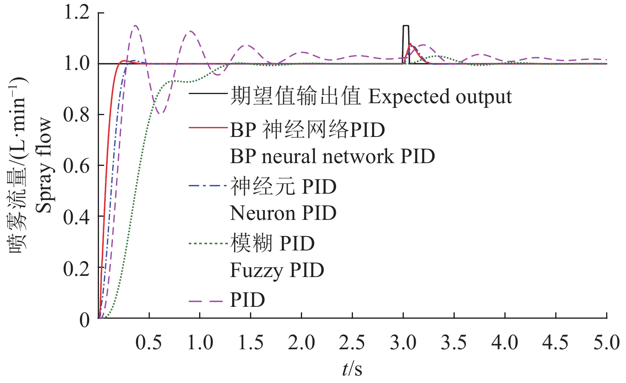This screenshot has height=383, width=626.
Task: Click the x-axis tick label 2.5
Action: tap(352, 343)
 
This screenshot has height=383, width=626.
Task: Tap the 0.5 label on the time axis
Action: tap(149, 343)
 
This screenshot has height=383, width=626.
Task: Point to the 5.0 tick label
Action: tap(606, 343)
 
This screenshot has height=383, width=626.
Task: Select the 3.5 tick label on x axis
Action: tap(454, 343)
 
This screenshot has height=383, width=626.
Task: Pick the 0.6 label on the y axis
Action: tap(77, 166)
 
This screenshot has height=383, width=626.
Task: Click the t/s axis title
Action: tap(352, 369)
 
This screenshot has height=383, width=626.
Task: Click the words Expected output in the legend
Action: tap(440, 97)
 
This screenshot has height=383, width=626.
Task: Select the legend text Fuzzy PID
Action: tap(277, 271)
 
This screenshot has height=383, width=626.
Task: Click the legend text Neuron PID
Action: tap(283, 213)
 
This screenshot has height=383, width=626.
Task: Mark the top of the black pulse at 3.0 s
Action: tap(405, 26)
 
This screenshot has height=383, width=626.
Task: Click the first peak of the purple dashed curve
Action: tap(136, 26)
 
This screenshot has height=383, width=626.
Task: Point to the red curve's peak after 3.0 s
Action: tap(410, 44)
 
